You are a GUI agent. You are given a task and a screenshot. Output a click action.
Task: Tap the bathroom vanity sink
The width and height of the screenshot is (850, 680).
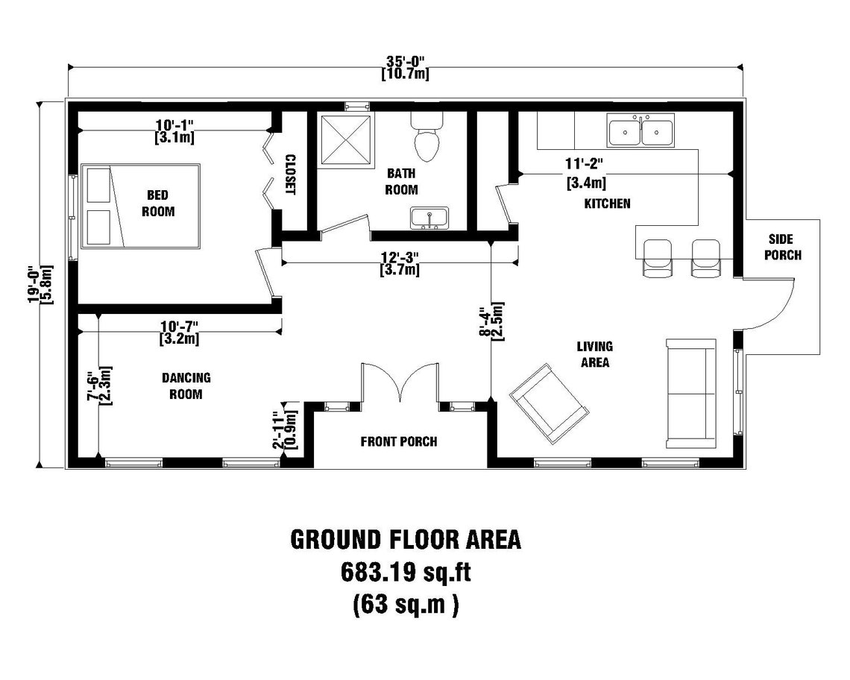(429, 218)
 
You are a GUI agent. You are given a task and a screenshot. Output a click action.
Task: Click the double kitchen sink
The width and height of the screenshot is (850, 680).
(640, 132)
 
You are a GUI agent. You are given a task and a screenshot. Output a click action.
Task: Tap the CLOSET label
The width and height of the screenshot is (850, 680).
(291, 174)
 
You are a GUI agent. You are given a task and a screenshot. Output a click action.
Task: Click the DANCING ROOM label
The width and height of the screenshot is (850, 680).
(186, 386)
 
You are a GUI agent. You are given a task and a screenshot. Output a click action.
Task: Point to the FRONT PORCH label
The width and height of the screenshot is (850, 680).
(399, 441)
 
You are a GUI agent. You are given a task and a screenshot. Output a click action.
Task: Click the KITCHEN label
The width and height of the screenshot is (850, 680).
(608, 203)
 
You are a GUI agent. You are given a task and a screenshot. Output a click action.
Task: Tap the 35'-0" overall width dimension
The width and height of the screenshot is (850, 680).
(405, 61)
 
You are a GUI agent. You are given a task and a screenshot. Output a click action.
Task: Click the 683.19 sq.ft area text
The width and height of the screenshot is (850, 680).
(406, 572)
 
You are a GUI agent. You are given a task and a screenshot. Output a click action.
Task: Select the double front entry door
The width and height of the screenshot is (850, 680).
(400, 382)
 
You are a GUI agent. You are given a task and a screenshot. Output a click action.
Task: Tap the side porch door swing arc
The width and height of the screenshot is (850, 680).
(778, 306)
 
